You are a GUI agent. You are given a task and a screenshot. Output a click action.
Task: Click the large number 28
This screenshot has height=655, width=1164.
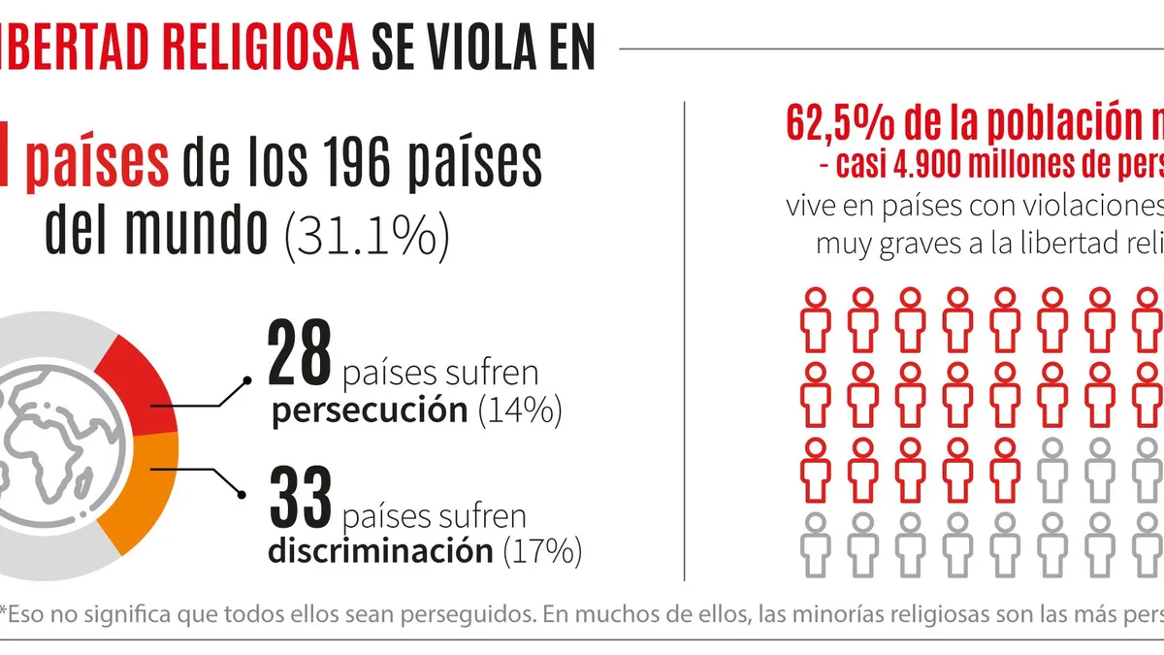click(299, 356)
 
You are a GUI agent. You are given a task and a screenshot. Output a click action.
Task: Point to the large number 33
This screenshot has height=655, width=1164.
click(299, 496)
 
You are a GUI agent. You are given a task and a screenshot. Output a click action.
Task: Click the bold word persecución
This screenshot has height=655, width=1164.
click(370, 410)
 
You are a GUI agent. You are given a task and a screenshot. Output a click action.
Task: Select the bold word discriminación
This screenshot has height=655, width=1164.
click(380, 550)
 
